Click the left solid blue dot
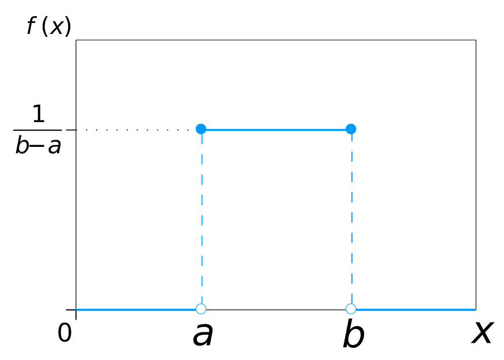[200, 128]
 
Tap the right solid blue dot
[351, 128]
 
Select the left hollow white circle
[200, 309]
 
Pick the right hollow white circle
[351, 309]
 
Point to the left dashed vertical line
[202, 219]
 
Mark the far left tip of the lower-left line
[78, 310]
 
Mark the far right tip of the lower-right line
[476, 310]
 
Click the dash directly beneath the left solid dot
[202, 139]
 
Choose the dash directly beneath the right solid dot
[351, 139]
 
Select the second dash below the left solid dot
[202, 159]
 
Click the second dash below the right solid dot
[351, 159]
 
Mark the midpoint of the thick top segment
[276, 130]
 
